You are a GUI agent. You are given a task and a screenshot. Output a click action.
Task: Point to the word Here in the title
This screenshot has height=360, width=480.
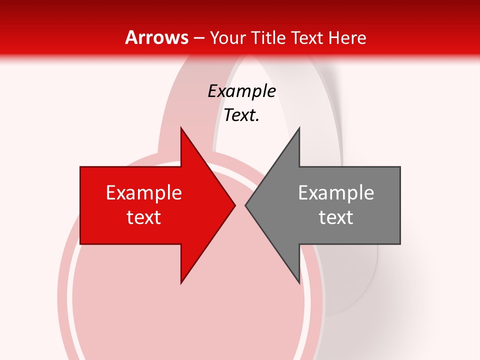point(348,37)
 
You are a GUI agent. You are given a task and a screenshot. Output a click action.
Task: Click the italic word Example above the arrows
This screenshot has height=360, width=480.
point(241,91)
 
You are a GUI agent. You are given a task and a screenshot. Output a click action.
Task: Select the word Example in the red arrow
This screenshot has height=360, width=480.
point(144,193)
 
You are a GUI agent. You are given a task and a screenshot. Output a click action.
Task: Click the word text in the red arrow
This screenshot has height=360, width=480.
point(144,217)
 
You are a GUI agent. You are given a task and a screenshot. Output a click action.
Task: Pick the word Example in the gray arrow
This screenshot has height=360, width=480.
point(336,193)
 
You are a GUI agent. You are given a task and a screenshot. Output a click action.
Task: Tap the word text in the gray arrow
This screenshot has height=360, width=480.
point(336,217)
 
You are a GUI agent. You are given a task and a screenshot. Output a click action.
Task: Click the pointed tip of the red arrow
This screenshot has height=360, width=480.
point(235,205)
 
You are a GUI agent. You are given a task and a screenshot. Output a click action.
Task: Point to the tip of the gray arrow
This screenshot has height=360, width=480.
point(245,205)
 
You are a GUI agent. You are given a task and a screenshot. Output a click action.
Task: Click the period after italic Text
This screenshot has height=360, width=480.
point(257,120)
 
